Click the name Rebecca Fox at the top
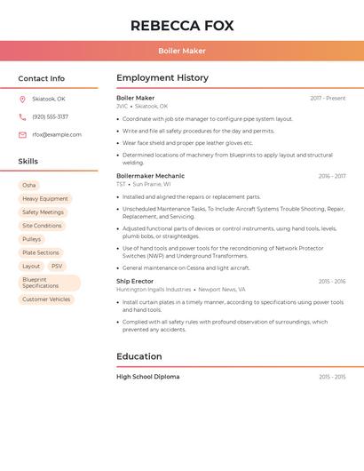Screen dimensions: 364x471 182,26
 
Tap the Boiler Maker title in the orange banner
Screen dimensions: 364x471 182,52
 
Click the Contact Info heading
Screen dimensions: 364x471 42,78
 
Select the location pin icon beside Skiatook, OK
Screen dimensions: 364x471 22,100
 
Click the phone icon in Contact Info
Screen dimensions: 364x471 22,117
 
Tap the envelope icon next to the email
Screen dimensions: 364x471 22,135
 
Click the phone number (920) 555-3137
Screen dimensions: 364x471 50,117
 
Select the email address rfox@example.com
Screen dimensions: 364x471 57,135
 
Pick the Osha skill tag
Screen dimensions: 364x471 29,185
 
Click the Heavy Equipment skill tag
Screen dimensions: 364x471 45,199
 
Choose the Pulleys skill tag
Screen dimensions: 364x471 32,239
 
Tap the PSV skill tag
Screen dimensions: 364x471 57,267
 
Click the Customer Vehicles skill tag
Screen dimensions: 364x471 46,299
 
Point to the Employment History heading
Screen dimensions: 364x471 162,78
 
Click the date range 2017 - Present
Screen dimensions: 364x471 328,99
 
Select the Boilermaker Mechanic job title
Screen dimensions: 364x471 150,176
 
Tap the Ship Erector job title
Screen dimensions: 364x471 135,282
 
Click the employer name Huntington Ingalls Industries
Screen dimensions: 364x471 154,290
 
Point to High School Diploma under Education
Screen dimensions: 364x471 147,377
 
